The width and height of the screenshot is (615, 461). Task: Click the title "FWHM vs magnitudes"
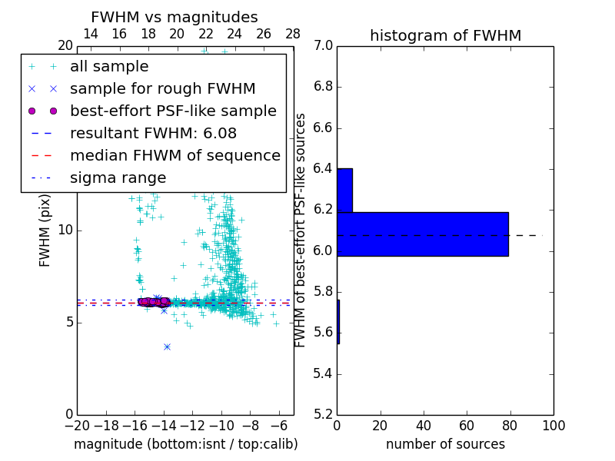[175, 17]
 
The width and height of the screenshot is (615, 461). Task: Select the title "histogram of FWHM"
[445, 35]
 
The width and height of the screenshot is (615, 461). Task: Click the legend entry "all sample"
[109, 67]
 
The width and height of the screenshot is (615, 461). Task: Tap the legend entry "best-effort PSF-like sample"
[173, 111]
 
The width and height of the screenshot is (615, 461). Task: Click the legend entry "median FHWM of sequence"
[175, 156]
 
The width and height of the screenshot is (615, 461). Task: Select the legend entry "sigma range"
[118, 178]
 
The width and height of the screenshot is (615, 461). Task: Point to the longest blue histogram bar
[423, 234]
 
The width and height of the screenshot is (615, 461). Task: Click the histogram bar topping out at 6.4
[344, 190]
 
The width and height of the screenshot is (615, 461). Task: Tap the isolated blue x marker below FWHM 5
[167, 347]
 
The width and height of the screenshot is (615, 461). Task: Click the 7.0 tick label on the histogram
[324, 46]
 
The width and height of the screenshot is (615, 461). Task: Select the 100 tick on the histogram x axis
[553, 426]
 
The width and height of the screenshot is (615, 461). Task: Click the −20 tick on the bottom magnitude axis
[77, 426]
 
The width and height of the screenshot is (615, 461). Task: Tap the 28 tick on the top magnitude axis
[293, 34]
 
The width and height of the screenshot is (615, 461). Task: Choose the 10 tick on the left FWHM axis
[65, 230]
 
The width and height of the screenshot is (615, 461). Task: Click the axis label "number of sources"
[445, 444]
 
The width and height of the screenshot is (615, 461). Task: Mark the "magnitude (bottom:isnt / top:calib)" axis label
[185, 444]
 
